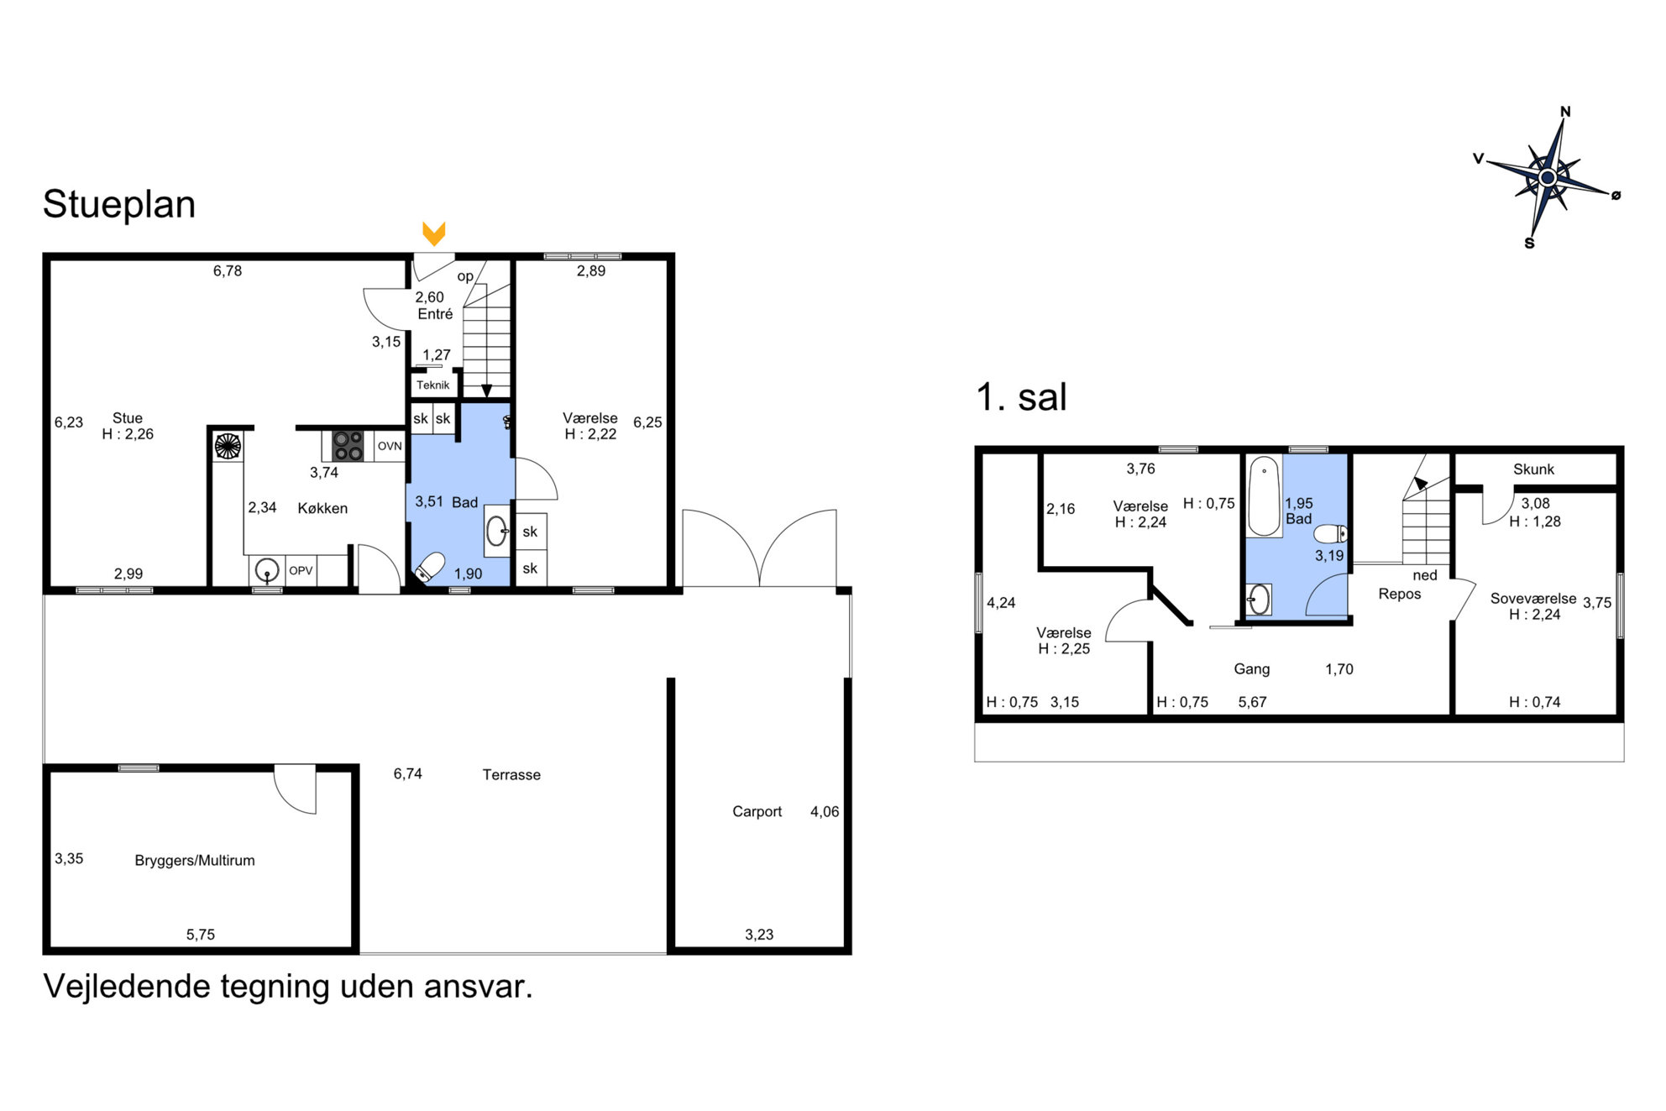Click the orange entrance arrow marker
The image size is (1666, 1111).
click(x=433, y=233)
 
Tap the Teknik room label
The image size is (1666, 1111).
click(x=433, y=385)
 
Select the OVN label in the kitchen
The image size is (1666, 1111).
click(x=390, y=446)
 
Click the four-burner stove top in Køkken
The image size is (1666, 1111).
click(x=348, y=446)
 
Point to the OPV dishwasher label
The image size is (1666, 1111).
click(x=301, y=571)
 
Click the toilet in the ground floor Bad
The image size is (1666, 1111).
click(x=429, y=568)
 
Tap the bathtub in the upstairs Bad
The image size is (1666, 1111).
click(x=1263, y=496)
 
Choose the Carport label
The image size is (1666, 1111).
click(x=757, y=811)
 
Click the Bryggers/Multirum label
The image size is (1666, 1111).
click(x=195, y=861)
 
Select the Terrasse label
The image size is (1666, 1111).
click(x=511, y=775)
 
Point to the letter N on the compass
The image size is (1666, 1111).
click(x=1565, y=112)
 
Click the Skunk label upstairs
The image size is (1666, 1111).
click(x=1533, y=469)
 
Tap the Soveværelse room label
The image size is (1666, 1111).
click(x=1533, y=599)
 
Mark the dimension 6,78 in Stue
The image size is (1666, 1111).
click(x=228, y=271)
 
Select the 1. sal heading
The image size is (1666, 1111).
click(x=1021, y=397)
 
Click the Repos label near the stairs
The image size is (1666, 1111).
click(x=1400, y=595)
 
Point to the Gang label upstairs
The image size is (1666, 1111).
click(x=1252, y=669)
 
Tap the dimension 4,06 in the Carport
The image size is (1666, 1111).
click(x=825, y=812)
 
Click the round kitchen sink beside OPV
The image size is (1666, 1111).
click(x=267, y=571)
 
